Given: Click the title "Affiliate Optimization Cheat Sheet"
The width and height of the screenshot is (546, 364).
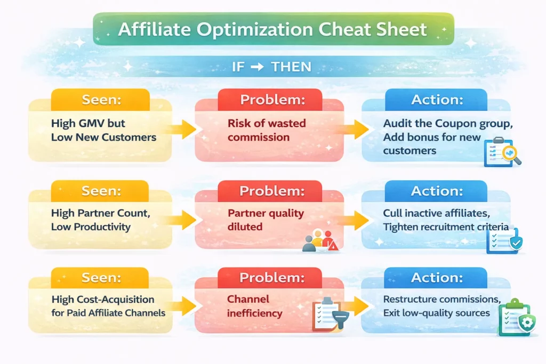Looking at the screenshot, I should [272, 29].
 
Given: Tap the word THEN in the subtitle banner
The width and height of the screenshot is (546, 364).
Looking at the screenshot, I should [291, 67].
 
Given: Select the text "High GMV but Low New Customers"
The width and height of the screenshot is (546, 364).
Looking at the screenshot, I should [103, 130].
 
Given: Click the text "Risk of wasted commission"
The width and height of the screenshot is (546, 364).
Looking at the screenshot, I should [267, 130].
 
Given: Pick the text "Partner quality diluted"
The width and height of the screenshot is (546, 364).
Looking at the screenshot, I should [266, 220].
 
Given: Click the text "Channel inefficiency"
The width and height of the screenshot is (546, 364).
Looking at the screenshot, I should [255, 306].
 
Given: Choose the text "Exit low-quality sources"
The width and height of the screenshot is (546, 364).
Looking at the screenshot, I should [436, 313].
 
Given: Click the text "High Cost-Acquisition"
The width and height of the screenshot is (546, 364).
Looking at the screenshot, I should [103, 300].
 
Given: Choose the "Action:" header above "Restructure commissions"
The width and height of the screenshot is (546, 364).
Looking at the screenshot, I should [437, 277].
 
